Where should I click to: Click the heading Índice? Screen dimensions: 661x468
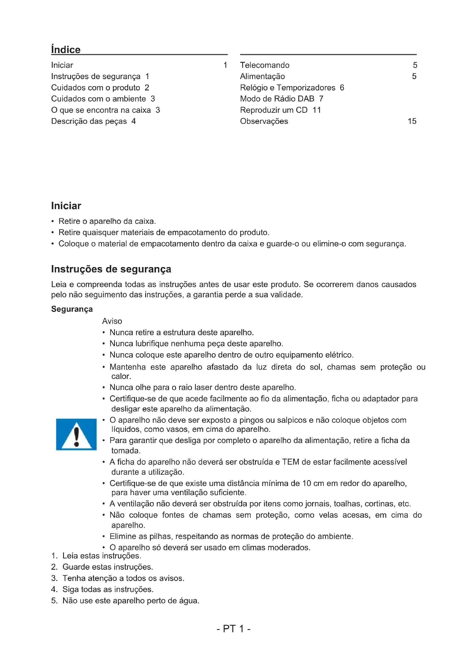pyautogui.click(x=66, y=49)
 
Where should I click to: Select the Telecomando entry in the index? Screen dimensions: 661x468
pyautogui.click(x=265, y=65)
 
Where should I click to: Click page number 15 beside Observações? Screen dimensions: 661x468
pyautogui.click(x=412, y=121)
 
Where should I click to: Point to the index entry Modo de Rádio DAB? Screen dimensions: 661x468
pyautogui.click(x=277, y=99)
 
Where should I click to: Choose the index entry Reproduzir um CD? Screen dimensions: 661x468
pyautogui.click(x=274, y=110)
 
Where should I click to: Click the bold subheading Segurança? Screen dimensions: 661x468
pyautogui.click(x=72, y=309)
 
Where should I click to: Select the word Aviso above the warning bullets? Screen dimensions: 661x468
pyautogui.click(x=112, y=321)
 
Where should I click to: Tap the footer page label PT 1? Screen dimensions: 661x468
pyautogui.click(x=233, y=629)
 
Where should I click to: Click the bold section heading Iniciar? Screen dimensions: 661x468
pyautogui.click(x=66, y=206)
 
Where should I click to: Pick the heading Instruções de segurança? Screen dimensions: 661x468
pyautogui.click(x=111, y=269)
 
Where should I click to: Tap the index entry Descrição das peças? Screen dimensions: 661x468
pyautogui.click(x=89, y=121)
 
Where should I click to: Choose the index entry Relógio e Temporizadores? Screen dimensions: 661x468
pyautogui.click(x=287, y=88)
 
